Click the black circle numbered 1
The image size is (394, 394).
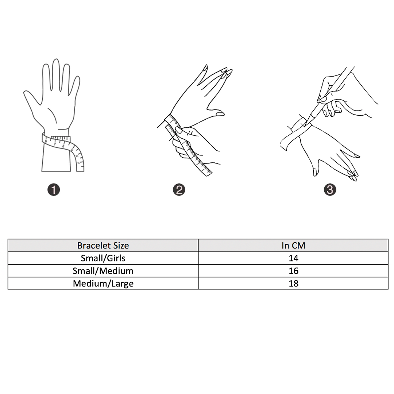pyautogui.click(x=54, y=189)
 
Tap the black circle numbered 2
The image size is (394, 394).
pyautogui.click(x=179, y=189)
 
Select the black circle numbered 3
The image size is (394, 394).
pyautogui.click(x=330, y=189)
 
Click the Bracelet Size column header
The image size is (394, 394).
pyautogui.click(x=103, y=246)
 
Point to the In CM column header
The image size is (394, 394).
pyautogui.click(x=293, y=246)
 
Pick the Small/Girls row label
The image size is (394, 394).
pyautogui.click(x=103, y=258)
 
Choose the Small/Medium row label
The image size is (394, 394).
pyautogui.click(x=103, y=271)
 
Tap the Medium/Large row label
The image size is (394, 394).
pyautogui.click(x=103, y=283)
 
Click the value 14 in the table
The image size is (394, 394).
pyautogui.click(x=293, y=258)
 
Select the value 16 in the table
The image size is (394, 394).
pyautogui.click(x=293, y=271)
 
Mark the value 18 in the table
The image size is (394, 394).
pyautogui.click(x=293, y=283)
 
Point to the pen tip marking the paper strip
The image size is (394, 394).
pyautogui.click(x=305, y=125)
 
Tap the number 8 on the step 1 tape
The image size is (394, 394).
pyautogui.click(x=63, y=146)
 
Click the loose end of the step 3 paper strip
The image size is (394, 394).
pyautogui.click(x=284, y=144)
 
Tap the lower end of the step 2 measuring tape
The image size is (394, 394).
pyautogui.click(x=209, y=173)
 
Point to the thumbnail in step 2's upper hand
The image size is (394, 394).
pyautogui.click(x=220, y=114)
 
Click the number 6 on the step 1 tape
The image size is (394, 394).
pyautogui.click(x=46, y=141)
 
